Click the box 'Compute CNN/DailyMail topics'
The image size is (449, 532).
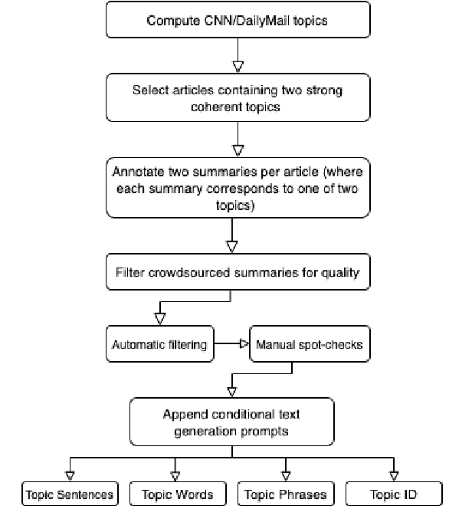tap(237, 21)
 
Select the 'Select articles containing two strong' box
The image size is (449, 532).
tap(237, 99)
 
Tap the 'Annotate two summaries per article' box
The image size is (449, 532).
tap(237, 187)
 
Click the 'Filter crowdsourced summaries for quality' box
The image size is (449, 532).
tap(237, 273)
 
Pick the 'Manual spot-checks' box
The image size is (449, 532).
tap(310, 344)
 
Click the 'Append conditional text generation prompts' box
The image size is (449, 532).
tap(231, 422)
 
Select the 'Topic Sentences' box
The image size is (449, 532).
tap(69, 494)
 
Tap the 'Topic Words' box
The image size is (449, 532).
tap(177, 494)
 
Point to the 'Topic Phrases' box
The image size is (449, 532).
tap(285, 494)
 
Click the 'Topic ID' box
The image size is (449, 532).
tap(394, 494)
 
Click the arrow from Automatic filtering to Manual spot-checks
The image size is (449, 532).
tap(232, 344)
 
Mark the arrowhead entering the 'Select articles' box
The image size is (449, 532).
tap(237, 67)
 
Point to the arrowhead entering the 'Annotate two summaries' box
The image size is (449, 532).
tap(237, 149)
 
